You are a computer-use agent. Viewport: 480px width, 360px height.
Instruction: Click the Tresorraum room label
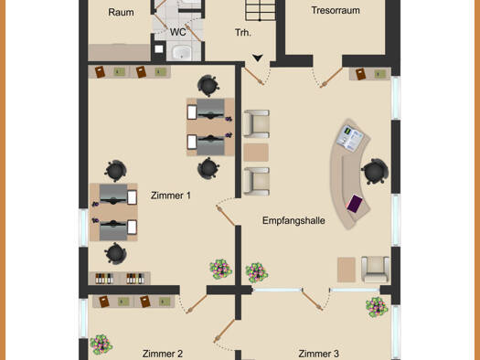click(x=336, y=10)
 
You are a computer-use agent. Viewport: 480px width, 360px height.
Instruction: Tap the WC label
click(x=178, y=32)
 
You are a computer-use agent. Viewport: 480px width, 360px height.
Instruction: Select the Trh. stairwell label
click(x=243, y=32)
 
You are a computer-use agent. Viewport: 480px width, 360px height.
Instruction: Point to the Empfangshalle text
click(x=293, y=220)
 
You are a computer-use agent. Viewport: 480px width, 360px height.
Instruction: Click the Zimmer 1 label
click(x=170, y=196)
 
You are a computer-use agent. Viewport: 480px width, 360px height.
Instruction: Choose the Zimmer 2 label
click(x=163, y=354)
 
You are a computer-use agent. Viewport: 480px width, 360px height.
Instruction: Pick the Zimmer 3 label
click(x=319, y=354)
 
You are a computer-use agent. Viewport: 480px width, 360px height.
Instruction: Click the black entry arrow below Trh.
click(x=258, y=58)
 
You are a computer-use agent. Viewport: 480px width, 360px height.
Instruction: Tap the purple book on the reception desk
click(x=355, y=203)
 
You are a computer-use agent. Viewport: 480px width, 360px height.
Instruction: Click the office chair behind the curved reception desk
click(x=375, y=171)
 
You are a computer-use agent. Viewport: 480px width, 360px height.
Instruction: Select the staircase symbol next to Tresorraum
click(x=260, y=10)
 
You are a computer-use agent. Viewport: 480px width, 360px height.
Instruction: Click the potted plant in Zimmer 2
click(x=101, y=344)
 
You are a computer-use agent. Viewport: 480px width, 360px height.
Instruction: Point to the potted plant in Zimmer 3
click(x=377, y=307)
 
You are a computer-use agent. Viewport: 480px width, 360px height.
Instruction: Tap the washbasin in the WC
click(x=182, y=52)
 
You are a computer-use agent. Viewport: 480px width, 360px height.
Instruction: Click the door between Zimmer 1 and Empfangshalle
click(x=226, y=216)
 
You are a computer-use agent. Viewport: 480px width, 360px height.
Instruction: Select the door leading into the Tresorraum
click(x=331, y=78)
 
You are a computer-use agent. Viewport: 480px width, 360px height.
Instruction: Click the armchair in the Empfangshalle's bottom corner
click(x=375, y=270)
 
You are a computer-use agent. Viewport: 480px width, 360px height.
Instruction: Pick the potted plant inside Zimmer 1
click(x=220, y=270)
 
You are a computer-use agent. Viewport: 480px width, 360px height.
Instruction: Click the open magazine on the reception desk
click(x=351, y=138)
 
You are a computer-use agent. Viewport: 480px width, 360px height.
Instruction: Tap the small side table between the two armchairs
click(x=256, y=153)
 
